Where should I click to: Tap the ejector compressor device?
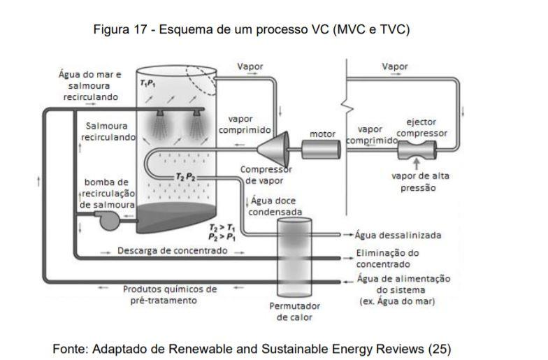click(x=417, y=148)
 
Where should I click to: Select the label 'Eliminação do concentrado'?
click(x=388, y=259)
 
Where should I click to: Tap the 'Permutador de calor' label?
click(x=294, y=312)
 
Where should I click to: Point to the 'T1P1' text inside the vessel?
click(x=148, y=83)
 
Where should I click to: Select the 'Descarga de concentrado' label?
click(x=172, y=250)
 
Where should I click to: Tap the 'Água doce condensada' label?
click(x=276, y=206)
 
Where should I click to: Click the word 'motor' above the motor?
click(x=322, y=134)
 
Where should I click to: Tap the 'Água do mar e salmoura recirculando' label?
click(x=90, y=85)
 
